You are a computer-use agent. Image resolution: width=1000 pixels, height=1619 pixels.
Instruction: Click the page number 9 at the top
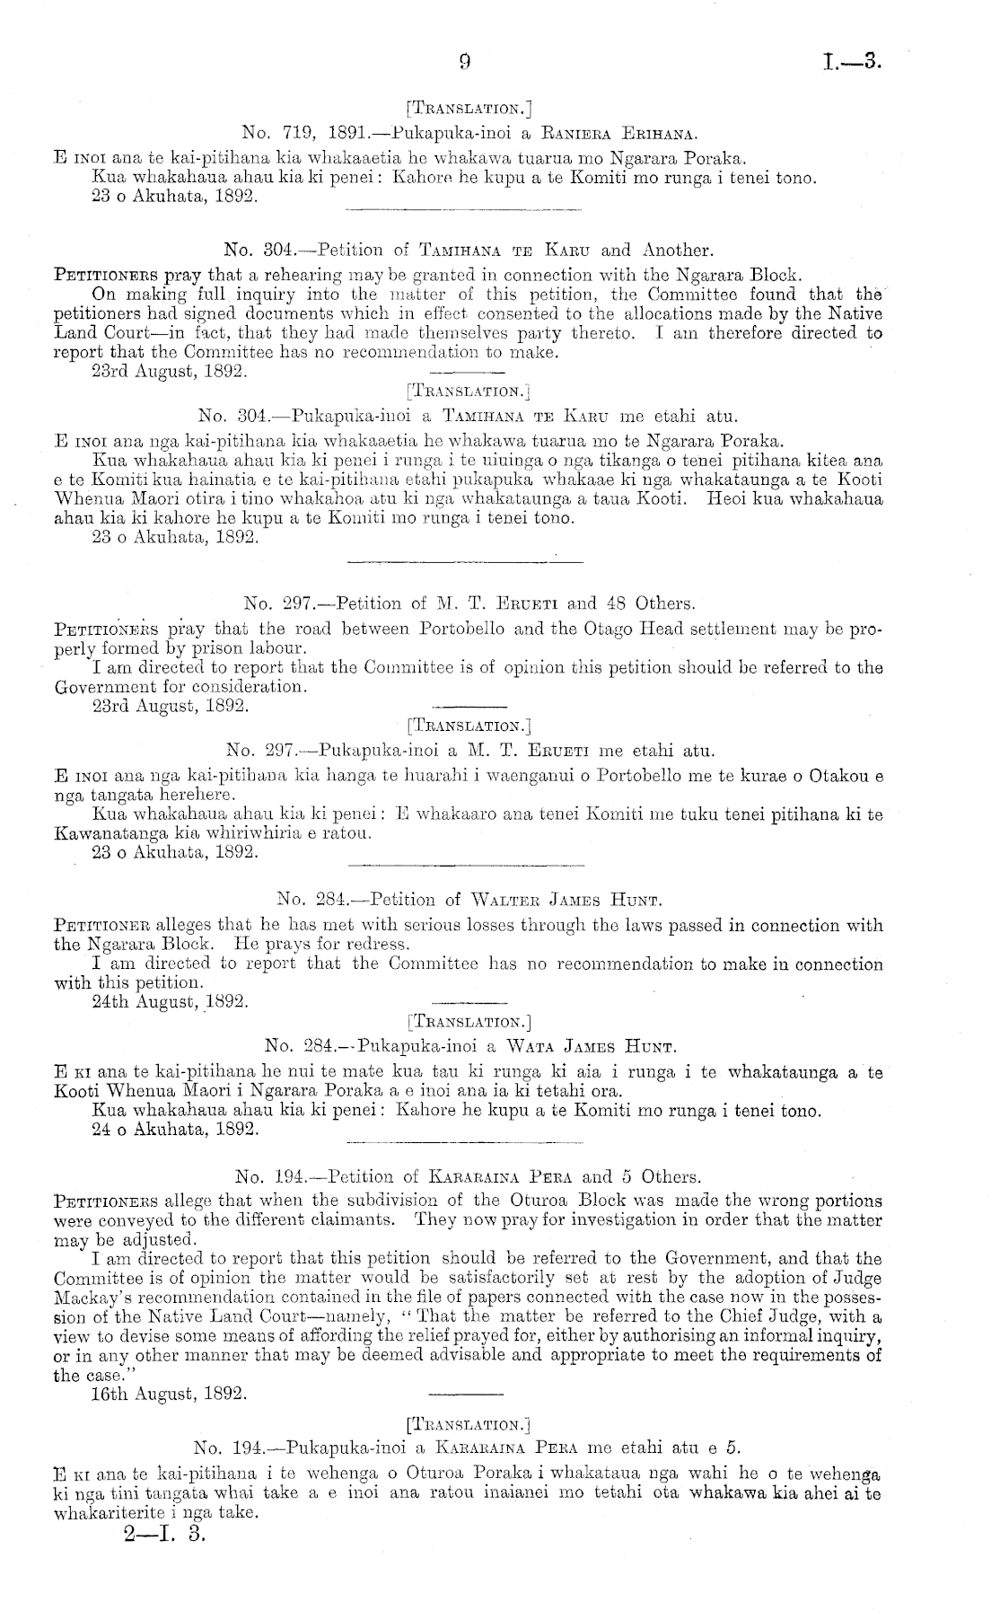pos(464,62)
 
